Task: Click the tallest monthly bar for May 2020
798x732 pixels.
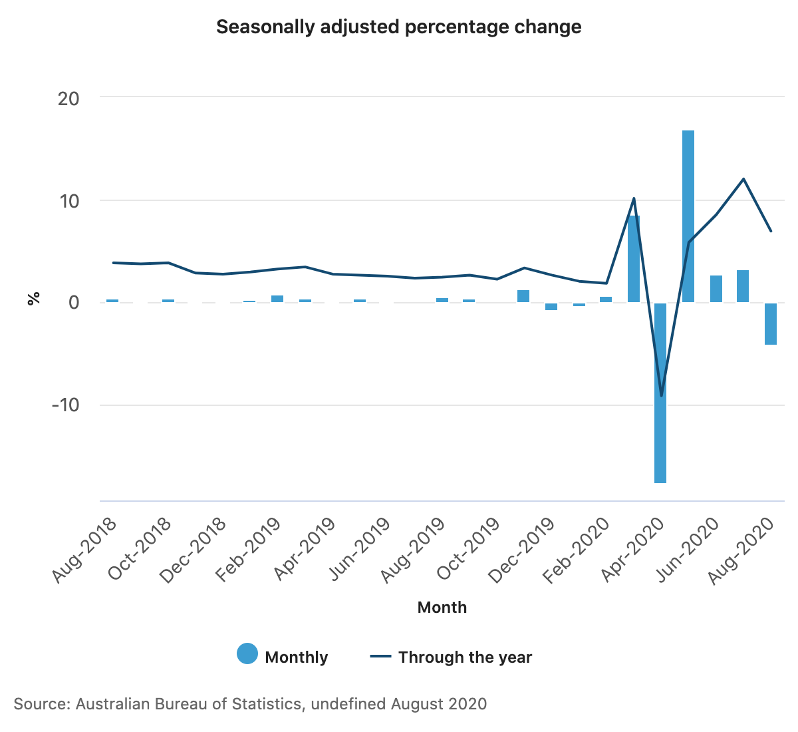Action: pyautogui.click(x=688, y=216)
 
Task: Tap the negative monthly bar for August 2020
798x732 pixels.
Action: pyautogui.click(x=771, y=324)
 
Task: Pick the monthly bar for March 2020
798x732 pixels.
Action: pyautogui.click(x=634, y=259)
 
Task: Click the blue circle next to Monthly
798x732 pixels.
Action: pyautogui.click(x=247, y=655)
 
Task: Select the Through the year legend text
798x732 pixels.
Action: pyautogui.click(x=465, y=657)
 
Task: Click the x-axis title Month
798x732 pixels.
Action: pyautogui.click(x=442, y=608)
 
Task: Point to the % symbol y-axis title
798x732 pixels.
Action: pyautogui.click(x=33, y=299)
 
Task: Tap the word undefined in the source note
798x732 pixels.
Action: pyautogui.click(x=348, y=704)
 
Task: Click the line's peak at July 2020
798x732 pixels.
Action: pyautogui.click(x=743, y=179)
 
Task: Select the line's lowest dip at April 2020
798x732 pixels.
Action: pyautogui.click(x=661, y=395)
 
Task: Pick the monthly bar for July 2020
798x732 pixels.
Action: pyautogui.click(x=743, y=286)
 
